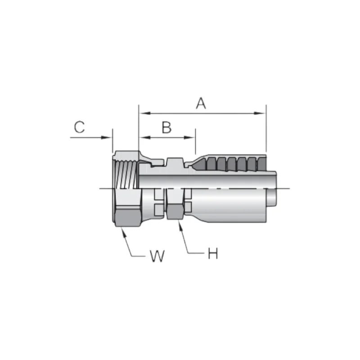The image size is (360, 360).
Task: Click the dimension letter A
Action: tap(201, 103)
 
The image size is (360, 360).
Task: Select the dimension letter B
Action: tap(166, 127)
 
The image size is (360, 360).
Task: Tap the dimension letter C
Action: tap(79, 127)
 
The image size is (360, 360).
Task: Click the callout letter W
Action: tap(157, 256)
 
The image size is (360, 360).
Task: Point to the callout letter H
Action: tap(213, 254)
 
